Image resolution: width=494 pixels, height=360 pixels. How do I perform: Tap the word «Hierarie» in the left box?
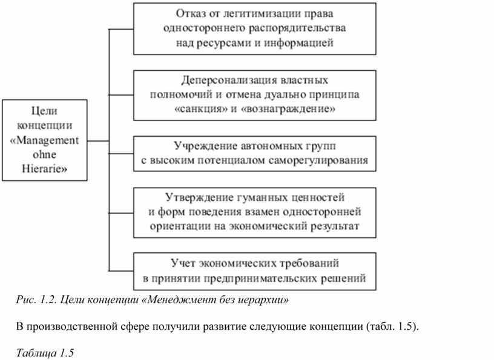click(x=44, y=169)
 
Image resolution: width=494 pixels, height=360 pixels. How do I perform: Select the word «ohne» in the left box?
click(x=44, y=154)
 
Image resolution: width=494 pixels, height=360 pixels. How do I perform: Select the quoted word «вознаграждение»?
click(x=288, y=109)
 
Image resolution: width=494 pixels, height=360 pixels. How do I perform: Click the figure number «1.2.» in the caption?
click(x=48, y=300)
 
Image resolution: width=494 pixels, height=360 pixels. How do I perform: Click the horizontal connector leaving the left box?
click(x=98, y=141)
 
